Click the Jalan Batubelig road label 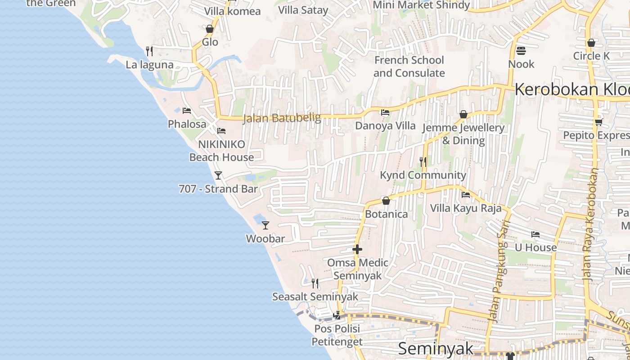click(x=282, y=118)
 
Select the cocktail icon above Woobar click(x=265, y=225)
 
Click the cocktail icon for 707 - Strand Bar click(x=218, y=175)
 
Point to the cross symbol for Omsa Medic click(x=357, y=249)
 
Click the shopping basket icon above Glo click(x=210, y=29)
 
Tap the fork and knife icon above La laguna click(x=149, y=51)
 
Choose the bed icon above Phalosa click(x=187, y=111)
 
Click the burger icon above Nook click(x=521, y=50)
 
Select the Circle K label click(x=591, y=56)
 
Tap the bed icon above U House click(x=535, y=234)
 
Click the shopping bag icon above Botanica click(x=386, y=201)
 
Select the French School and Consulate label click(x=409, y=67)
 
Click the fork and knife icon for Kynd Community click(x=423, y=162)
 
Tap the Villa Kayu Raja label click(x=466, y=208)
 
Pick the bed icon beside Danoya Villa click(x=385, y=112)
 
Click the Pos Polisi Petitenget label click(x=338, y=335)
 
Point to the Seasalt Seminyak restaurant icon click(x=315, y=283)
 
